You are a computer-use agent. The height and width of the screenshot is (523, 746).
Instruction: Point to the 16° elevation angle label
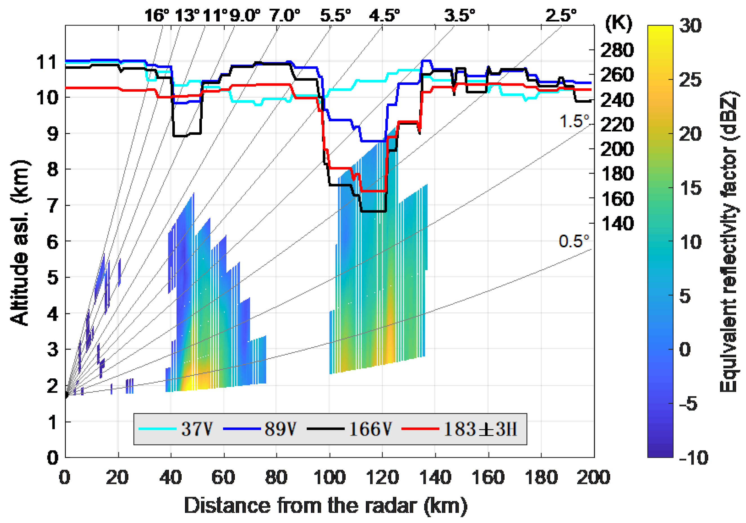(x=157, y=15)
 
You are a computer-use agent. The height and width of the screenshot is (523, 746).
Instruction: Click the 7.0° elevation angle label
(x=285, y=15)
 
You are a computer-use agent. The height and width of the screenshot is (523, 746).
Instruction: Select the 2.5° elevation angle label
(x=561, y=15)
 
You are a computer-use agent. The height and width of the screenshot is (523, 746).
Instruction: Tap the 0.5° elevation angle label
(x=573, y=241)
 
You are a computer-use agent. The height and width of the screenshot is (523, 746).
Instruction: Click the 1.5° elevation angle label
(x=574, y=122)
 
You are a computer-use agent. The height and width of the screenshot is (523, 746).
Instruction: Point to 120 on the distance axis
(x=382, y=477)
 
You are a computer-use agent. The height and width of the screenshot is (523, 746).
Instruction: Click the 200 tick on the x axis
(x=593, y=477)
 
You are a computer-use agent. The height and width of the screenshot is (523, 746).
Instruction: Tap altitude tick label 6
(x=53, y=242)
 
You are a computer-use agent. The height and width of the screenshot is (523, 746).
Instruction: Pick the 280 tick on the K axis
(x=617, y=50)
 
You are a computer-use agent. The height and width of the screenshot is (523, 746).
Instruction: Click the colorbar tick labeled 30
(x=690, y=25)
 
